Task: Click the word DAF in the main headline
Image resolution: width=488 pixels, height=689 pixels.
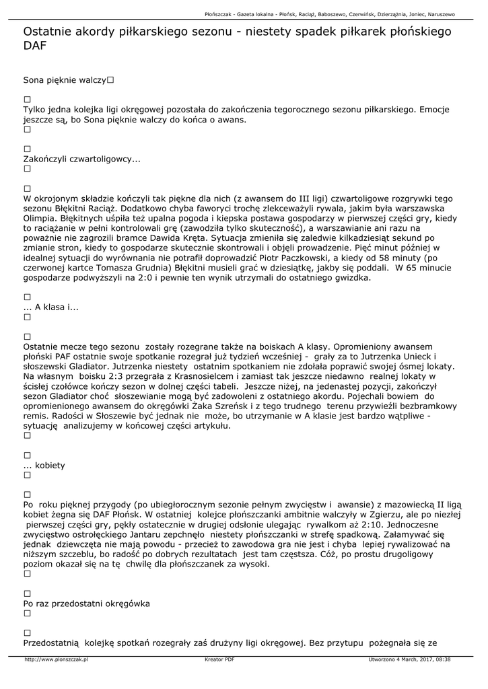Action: (35, 45)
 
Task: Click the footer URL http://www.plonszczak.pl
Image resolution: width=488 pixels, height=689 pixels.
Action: (57, 659)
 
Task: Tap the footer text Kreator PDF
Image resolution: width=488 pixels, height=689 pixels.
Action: (219, 659)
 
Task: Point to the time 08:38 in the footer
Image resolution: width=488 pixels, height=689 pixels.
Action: (444, 659)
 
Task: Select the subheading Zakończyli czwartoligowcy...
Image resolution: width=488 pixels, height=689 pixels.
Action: (81, 159)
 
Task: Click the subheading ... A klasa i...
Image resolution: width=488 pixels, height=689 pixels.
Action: (51, 307)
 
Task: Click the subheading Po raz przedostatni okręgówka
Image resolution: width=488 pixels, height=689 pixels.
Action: (86, 604)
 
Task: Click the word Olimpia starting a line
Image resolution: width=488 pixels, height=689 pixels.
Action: (40, 218)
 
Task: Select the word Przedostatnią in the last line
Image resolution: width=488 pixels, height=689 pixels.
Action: (51, 643)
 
